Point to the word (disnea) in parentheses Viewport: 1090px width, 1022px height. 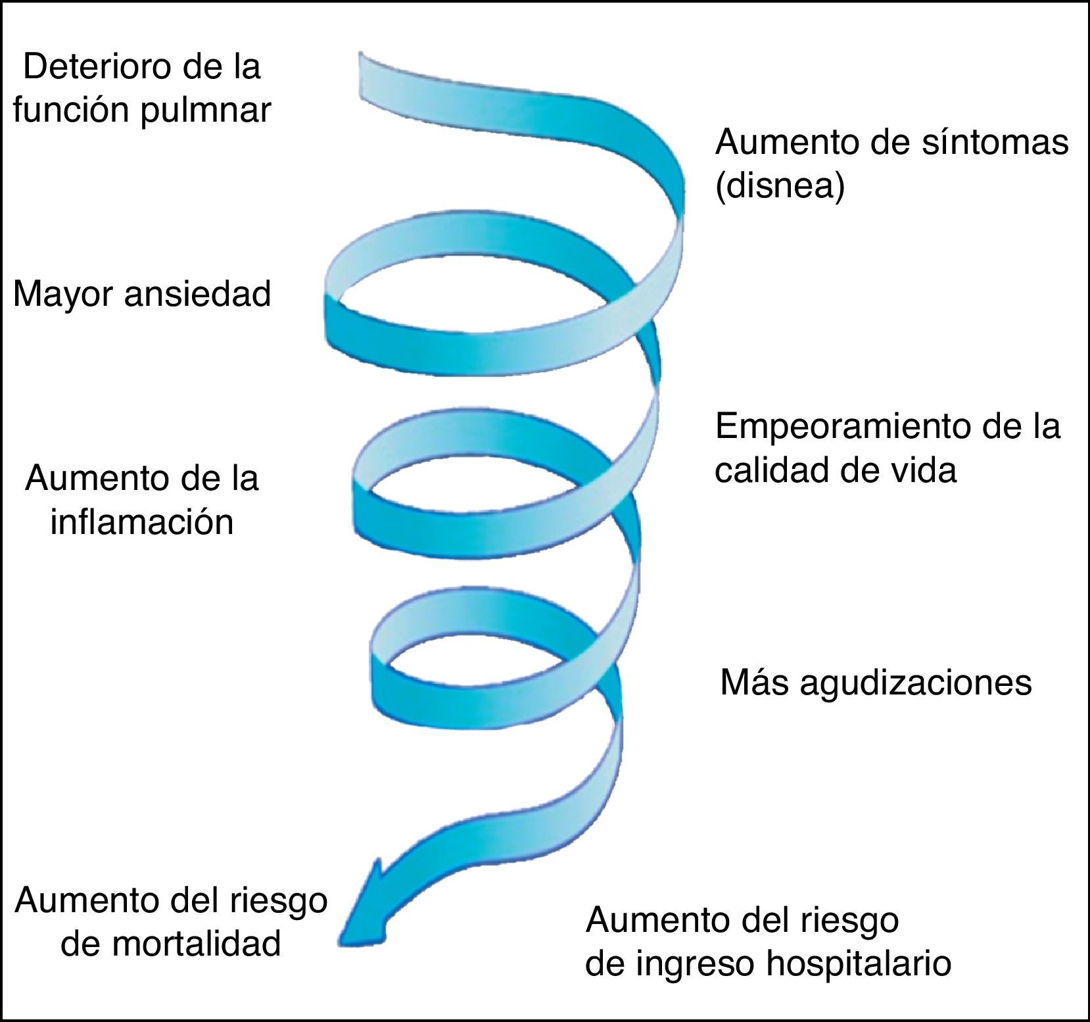coord(779,187)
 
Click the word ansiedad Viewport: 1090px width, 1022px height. coord(197,294)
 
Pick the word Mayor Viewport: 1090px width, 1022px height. coord(63,294)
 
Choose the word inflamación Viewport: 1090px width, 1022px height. coord(142,523)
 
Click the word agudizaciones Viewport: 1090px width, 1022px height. coord(916,683)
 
